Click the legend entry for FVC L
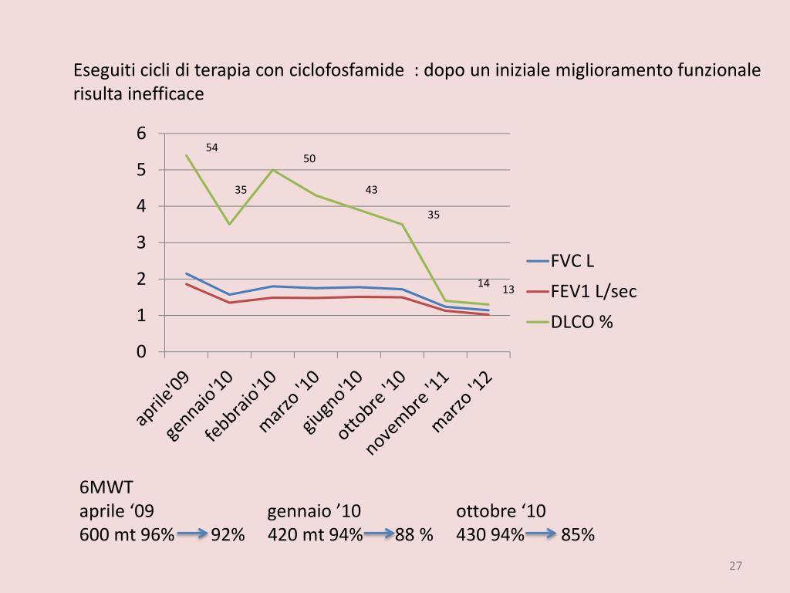click(x=572, y=260)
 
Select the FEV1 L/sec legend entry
click(x=593, y=291)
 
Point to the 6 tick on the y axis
click(x=141, y=134)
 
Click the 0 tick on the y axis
click(x=141, y=352)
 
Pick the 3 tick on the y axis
click(x=141, y=242)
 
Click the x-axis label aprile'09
click(x=164, y=398)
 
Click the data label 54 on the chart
click(x=211, y=147)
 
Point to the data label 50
click(x=309, y=159)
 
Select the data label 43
click(x=371, y=190)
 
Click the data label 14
click(x=484, y=283)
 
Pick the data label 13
click(x=508, y=290)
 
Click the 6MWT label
click(x=106, y=488)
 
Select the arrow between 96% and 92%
click(x=192, y=534)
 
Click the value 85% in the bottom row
click(x=578, y=534)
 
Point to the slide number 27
click(x=735, y=567)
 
